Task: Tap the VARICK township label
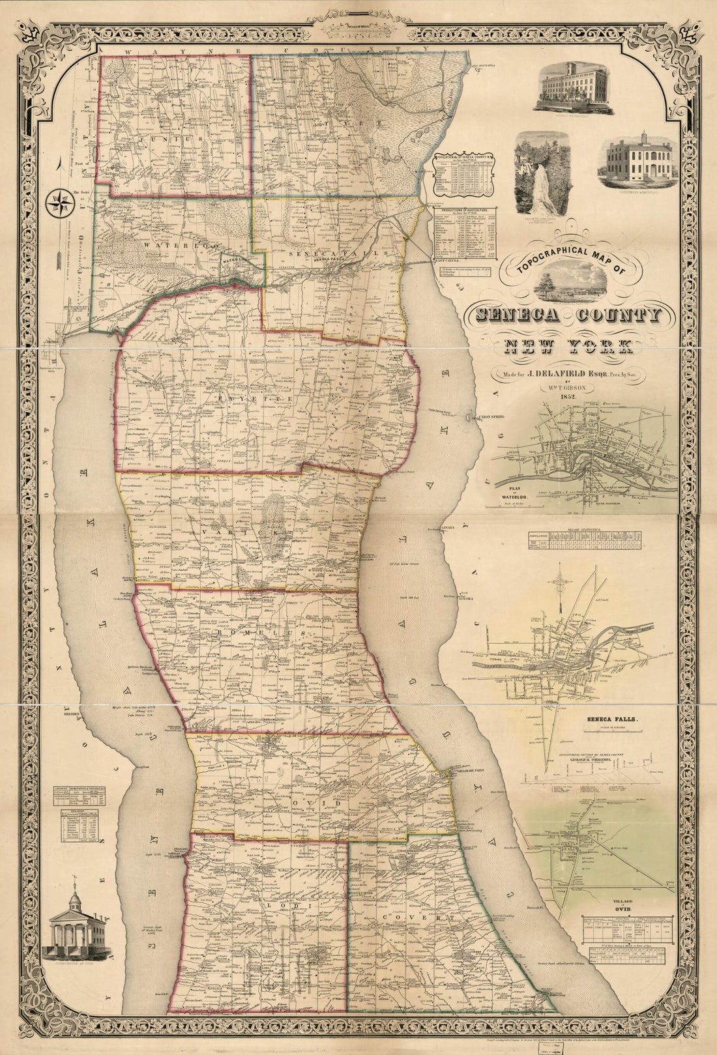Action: [242, 532]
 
